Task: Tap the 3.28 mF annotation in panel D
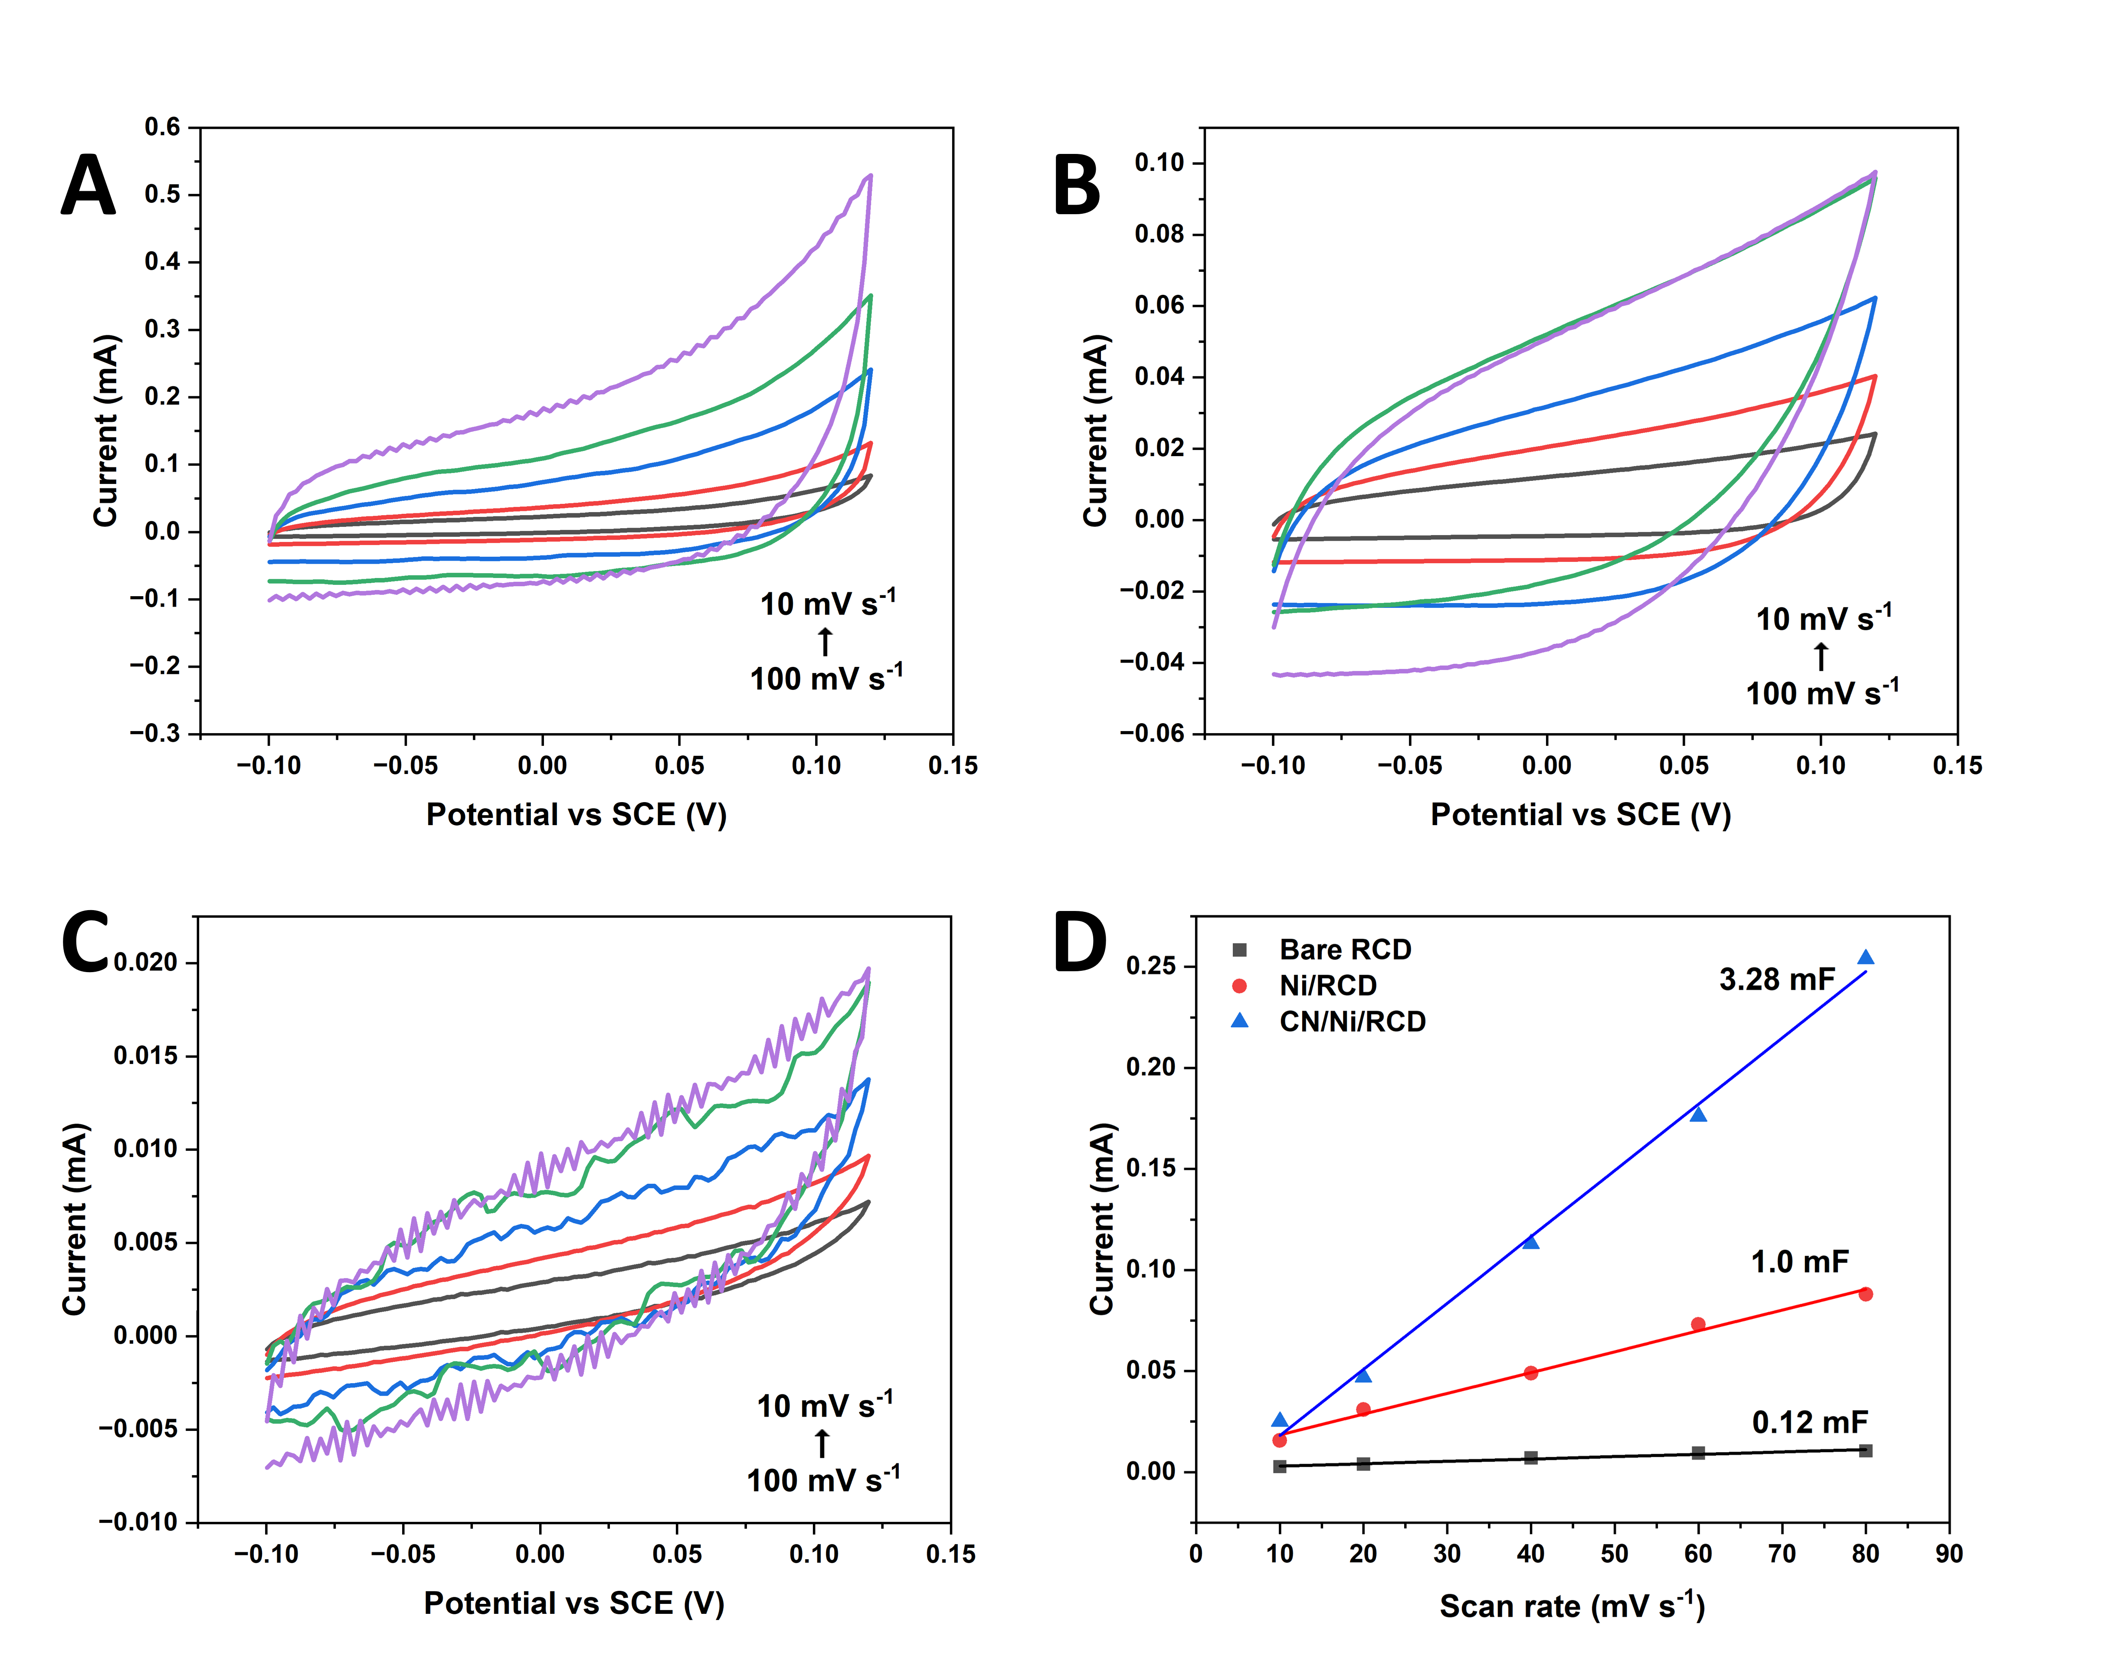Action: click(1777, 979)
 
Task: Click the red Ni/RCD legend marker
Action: click(1239, 986)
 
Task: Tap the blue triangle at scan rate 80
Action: click(1865, 957)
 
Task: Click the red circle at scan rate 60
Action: click(1697, 1324)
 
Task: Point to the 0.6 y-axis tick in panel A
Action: click(163, 127)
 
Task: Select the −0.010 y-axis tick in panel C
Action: click(138, 1522)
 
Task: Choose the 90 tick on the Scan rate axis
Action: click(1948, 1554)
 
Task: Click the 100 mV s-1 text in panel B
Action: click(1821, 693)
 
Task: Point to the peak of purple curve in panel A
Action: click(870, 176)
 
